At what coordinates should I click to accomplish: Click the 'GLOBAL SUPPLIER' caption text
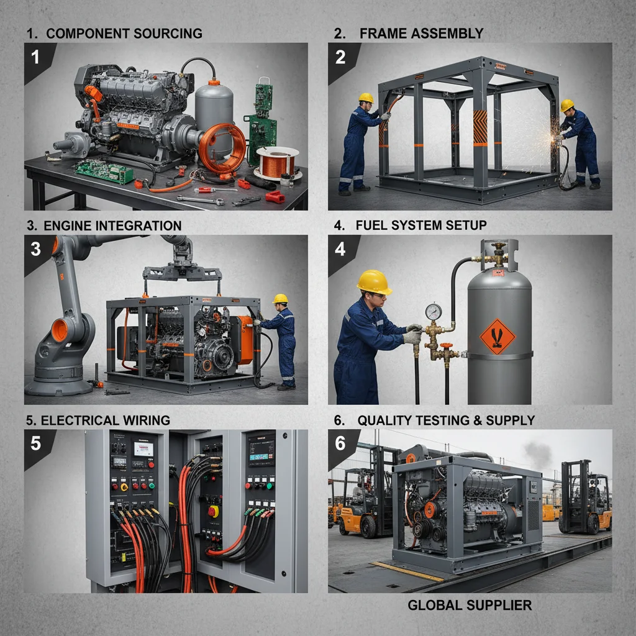tap(469, 604)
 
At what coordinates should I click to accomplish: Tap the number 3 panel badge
tap(35, 249)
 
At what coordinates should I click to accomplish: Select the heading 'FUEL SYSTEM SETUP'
tap(421, 225)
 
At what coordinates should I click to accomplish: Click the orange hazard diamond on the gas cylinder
tap(497, 336)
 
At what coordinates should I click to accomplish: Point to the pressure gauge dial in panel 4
tap(434, 311)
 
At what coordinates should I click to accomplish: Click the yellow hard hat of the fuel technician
tap(374, 282)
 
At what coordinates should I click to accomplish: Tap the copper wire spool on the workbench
tap(276, 163)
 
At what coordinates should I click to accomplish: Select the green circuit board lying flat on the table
tap(104, 171)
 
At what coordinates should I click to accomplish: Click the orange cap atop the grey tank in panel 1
tap(214, 81)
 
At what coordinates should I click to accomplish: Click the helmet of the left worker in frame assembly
tap(366, 98)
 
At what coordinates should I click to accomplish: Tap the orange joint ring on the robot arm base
tap(60, 330)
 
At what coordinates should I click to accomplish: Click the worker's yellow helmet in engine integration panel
tap(280, 299)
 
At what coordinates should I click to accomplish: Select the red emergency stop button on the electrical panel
tap(213, 511)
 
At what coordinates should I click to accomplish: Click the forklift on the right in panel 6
tap(584, 497)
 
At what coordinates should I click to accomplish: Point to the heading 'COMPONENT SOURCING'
tap(124, 34)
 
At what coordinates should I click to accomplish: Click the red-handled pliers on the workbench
tap(274, 198)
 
